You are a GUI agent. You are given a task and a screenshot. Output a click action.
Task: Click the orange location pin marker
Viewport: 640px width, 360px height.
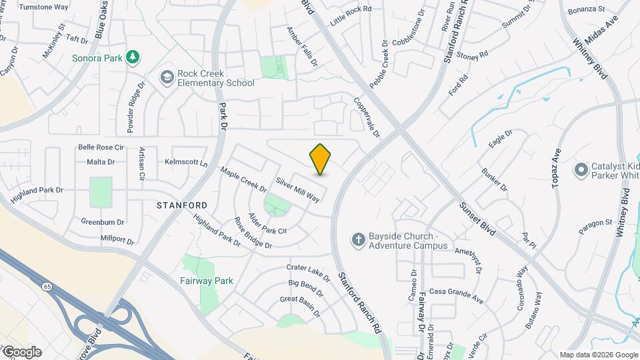[321, 159]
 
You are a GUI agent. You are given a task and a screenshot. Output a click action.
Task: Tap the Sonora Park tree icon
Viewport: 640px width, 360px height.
[134, 57]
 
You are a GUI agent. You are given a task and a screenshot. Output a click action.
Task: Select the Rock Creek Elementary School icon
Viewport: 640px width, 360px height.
[166, 78]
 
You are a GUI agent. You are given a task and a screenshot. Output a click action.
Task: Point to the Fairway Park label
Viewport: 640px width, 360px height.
[207, 281]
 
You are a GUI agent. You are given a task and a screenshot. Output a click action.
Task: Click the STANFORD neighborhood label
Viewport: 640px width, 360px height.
[182, 205]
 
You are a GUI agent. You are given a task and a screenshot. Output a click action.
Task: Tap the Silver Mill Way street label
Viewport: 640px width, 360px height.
[298, 190]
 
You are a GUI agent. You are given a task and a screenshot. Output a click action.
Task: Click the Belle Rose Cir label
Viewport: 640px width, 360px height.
[101, 147]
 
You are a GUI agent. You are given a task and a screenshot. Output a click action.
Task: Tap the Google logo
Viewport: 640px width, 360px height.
[21, 352]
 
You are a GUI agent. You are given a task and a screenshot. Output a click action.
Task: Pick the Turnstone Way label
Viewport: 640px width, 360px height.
[45, 7]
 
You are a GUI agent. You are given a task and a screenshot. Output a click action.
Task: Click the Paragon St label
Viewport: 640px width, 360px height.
[595, 222]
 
